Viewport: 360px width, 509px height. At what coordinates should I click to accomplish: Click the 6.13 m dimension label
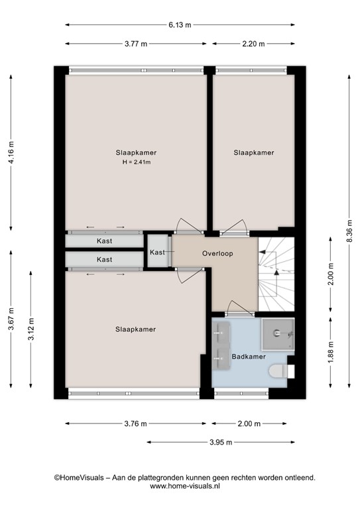pyautogui.click(x=180, y=25)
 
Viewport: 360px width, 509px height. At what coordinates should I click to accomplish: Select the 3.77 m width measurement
pyautogui.click(x=136, y=44)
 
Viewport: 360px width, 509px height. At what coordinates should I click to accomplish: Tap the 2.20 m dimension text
pyautogui.click(x=253, y=44)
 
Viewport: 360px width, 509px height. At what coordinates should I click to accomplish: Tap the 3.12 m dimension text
pyautogui.click(x=31, y=329)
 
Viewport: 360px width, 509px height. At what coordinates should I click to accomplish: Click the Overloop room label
pyautogui.click(x=217, y=253)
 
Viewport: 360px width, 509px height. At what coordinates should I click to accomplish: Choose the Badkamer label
pyautogui.click(x=249, y=357)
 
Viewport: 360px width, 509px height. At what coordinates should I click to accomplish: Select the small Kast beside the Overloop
pyautogui.click(x=157, y=253)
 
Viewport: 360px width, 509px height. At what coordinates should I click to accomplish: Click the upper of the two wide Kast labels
pyautogui.click(x=104, y=241)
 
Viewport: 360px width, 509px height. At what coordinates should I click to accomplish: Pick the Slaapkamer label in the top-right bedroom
pyautogui.click(x=253, y=152)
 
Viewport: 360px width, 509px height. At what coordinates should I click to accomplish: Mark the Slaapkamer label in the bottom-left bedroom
pyautogui.click(x=135, y=329)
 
